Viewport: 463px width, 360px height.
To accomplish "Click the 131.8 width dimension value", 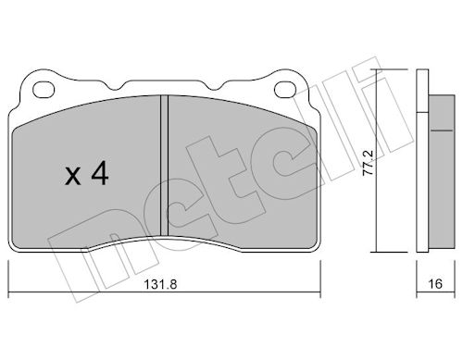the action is [160, 284].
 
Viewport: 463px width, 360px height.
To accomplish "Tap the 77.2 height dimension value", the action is [369, 163].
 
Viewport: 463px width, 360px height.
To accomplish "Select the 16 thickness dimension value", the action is [435, 284].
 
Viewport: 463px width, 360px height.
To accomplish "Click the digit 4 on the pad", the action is [100, 174].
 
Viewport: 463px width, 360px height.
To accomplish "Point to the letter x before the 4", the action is [73, 178].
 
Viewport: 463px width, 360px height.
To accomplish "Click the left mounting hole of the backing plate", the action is [44, 89].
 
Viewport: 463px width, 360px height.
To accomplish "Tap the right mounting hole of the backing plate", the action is [285, 89].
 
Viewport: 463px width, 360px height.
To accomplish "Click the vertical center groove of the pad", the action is [165, 166].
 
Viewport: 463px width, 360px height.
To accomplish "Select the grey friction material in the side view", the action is [442, 171].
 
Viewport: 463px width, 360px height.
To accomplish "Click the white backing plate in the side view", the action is [422, 160].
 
